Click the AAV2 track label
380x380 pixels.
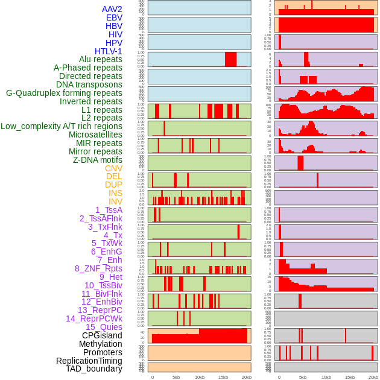click(x=112, y=9)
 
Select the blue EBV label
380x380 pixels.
click(x=114, y=17)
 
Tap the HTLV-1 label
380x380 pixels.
click(x=109, y=51)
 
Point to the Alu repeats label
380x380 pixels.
click(x=101, y=59)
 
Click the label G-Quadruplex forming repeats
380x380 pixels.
click(x=64, y=93)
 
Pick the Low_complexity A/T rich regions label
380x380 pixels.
click(x=62, y=126)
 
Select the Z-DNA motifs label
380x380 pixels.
click(x=98, y=160)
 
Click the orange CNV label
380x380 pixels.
click(x=113, y=168)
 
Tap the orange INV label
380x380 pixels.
click(x=115, y=201)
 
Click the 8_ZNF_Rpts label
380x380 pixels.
click(x=98, y=268)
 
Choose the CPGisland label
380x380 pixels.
click(x=102, y=335)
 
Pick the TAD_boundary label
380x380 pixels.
click(x=94, y=369)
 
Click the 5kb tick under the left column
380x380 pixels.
click(x=176, y=377)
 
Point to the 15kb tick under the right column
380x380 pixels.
click(x=350, y=377)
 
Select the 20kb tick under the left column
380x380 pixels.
click(x=247, y=377)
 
